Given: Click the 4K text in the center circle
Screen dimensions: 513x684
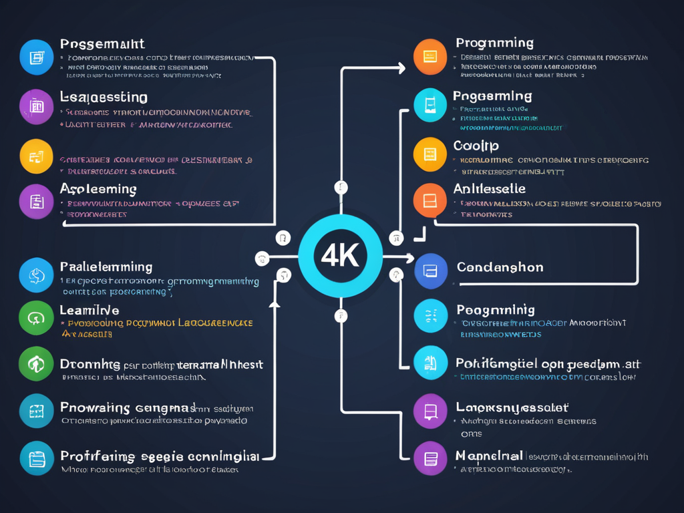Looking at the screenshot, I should (340, 256).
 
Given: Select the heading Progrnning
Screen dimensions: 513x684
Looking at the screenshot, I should (494, 43).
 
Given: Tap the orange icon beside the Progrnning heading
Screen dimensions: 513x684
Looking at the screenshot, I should (430, 57).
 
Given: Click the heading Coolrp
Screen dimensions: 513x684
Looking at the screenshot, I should (476, 146).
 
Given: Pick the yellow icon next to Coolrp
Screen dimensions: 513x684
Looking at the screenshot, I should (430, 154).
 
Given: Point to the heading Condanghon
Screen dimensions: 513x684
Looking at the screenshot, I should (500, 267).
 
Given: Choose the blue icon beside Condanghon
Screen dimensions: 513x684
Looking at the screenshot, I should (430, 271).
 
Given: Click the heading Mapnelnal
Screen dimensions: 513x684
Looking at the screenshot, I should (488, 456).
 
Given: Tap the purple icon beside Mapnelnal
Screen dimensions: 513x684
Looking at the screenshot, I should (430, 458).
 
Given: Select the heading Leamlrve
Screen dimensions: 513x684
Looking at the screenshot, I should (90, 310).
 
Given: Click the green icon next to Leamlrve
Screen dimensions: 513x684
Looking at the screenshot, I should (36, 318).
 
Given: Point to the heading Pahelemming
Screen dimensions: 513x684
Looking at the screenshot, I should (106, 267).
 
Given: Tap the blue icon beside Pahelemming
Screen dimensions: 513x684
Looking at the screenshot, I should (36, 275).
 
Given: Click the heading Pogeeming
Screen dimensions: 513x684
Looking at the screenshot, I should (492, 96).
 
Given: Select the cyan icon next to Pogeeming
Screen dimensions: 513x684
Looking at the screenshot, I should (430, 105).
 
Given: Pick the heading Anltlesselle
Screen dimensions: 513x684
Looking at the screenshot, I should (489, 189).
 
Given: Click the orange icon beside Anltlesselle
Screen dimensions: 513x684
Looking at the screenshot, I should (430, 200).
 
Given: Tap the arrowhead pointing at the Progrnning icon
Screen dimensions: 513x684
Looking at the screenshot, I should (401, 67).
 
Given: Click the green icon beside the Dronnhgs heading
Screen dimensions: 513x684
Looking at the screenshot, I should (36, 364).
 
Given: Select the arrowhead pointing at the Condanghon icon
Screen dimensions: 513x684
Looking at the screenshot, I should (409, 257).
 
